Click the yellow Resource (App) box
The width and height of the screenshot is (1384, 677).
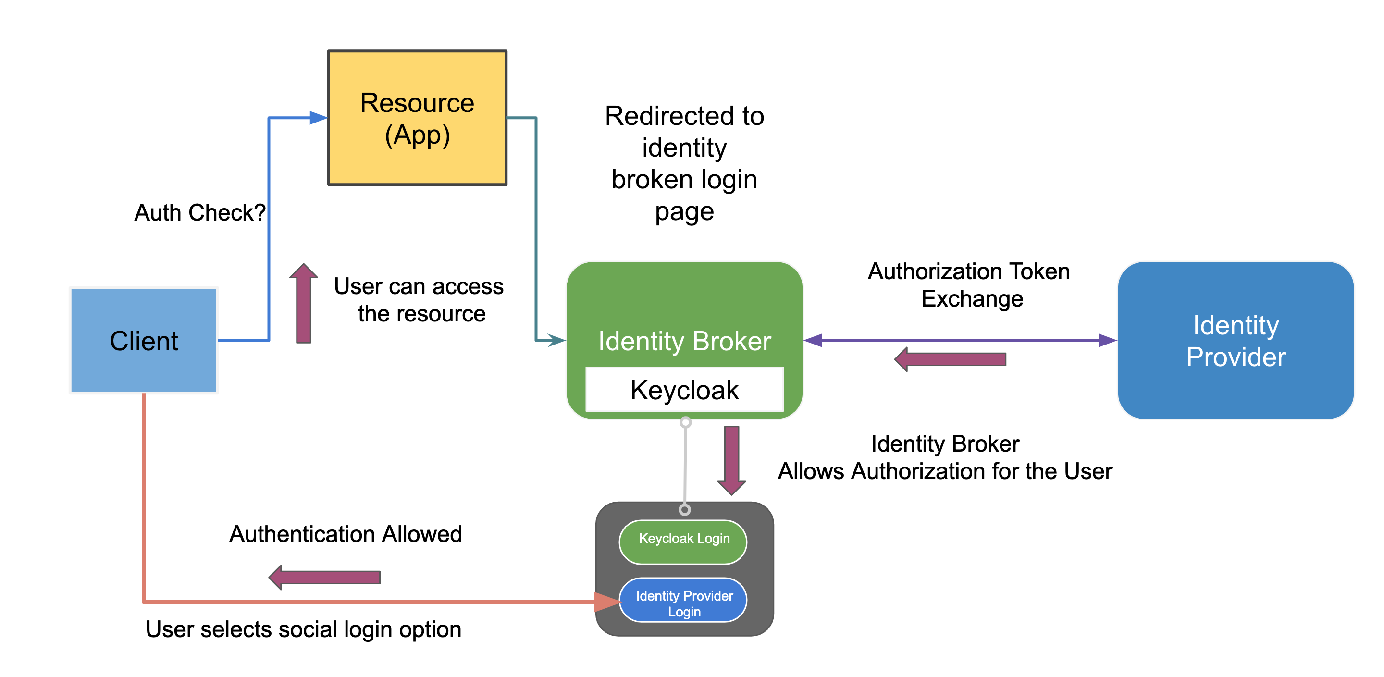click(417, 118)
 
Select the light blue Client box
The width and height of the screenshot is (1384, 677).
click(144, 341)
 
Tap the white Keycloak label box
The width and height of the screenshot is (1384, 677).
click(684, 390)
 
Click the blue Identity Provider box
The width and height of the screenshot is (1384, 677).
click(1235, 341)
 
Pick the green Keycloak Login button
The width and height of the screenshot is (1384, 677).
click(683, 539)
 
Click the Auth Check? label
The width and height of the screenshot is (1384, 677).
click(199, 213)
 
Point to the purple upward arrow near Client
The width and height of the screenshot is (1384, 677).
click(304, 304)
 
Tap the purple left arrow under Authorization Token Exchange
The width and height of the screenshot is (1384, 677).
click(951, 359)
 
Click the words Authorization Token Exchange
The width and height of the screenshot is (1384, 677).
click(969, 285)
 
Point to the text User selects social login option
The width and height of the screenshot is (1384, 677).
click(304, 629)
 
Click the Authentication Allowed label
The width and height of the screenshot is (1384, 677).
click(346, 534)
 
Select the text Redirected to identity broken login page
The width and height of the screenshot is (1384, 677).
click(684, 163)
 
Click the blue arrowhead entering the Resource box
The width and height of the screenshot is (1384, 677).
click(318, 118)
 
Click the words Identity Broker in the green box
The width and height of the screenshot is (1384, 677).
click(684, 341)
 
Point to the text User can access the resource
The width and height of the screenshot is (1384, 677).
click(419, 300)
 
